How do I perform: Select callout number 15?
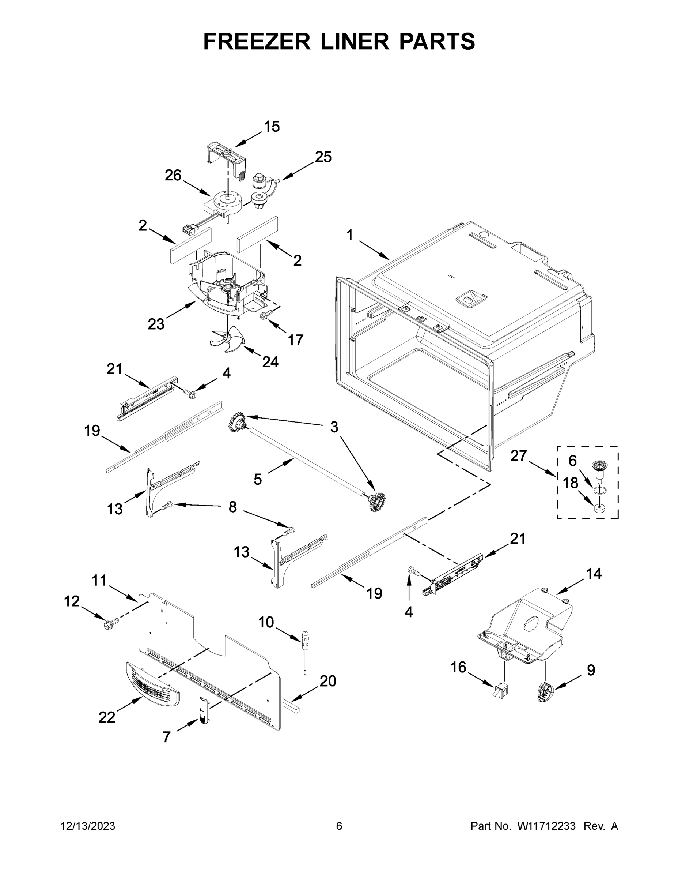tap(272, 127)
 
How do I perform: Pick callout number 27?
tap(518, 456)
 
